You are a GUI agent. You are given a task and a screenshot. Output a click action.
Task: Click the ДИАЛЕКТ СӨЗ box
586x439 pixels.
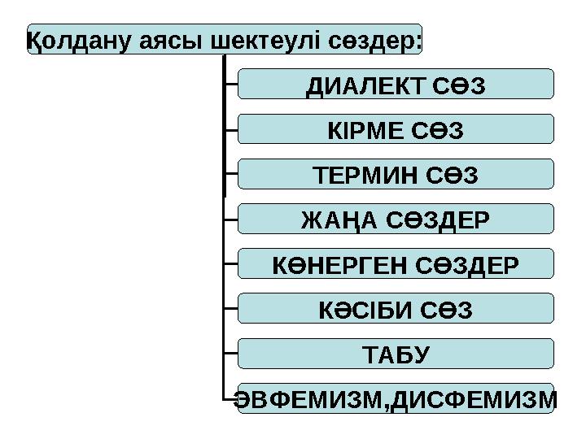396,84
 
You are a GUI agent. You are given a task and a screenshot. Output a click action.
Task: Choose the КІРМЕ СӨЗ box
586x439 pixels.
396,129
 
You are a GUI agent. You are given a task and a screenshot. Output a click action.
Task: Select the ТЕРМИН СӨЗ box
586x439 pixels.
396,174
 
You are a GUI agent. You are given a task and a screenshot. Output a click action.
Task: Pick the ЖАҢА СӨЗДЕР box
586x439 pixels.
396,219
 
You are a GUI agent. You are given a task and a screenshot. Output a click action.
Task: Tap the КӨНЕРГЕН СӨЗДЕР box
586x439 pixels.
396,264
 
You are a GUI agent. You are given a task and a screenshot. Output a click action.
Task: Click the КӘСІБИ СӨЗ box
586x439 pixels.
396,309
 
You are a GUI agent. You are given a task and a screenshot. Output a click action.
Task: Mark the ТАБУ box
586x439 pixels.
396,354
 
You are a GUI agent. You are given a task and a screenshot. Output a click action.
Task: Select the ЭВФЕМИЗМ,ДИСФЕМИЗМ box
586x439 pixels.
396,399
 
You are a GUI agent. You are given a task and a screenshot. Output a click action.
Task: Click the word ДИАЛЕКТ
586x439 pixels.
361,85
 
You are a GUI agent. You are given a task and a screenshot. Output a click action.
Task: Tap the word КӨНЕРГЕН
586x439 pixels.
340,265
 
